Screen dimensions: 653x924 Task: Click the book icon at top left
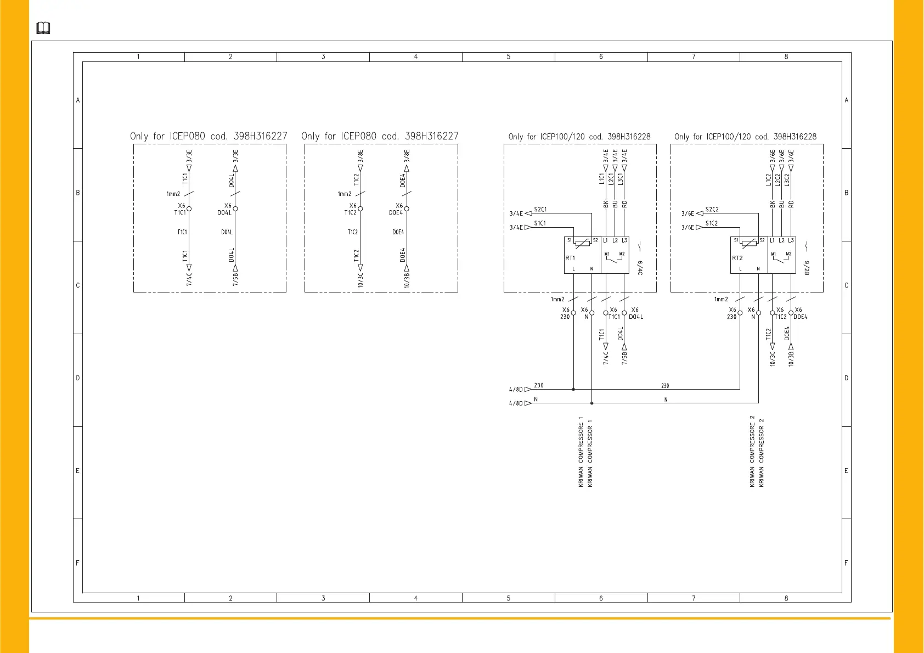(43, 28)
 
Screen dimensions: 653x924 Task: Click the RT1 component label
(571, 258)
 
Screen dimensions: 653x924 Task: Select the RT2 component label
(737, 258)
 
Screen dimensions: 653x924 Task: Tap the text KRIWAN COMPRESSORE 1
(581, 452)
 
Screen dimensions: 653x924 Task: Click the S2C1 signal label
(540, 210)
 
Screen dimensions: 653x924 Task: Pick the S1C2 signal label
(712, 223)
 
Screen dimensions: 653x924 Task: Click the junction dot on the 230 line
(573, 389)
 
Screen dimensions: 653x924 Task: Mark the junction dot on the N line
(591, 403)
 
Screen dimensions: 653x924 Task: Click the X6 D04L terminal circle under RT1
(624, 313)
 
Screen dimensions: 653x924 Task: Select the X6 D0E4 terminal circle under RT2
(791, 313)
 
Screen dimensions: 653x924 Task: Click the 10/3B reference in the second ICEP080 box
(407, 279)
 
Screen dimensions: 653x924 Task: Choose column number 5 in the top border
(508, 57)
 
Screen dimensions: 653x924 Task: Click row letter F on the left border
(77, 563)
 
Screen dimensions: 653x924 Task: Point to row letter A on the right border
(846, 100)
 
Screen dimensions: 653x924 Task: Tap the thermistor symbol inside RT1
(582, 243)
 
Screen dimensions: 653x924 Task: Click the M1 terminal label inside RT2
(773, 254)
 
